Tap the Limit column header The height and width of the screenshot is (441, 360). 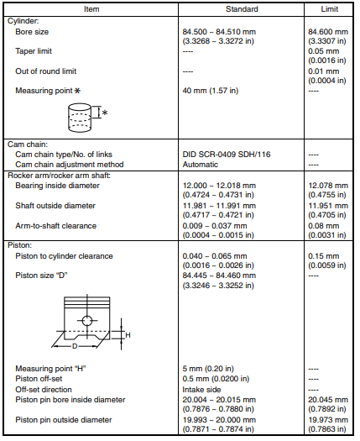[x=329, y=8]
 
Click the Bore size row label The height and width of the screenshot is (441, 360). [x=32, y=31]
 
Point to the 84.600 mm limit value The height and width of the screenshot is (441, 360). [x=329, y=31]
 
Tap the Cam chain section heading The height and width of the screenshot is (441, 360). [x=27, y=144]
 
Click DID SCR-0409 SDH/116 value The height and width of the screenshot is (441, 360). [x=229, y=154]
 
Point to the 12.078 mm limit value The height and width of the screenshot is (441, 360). [x=329, y=184]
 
